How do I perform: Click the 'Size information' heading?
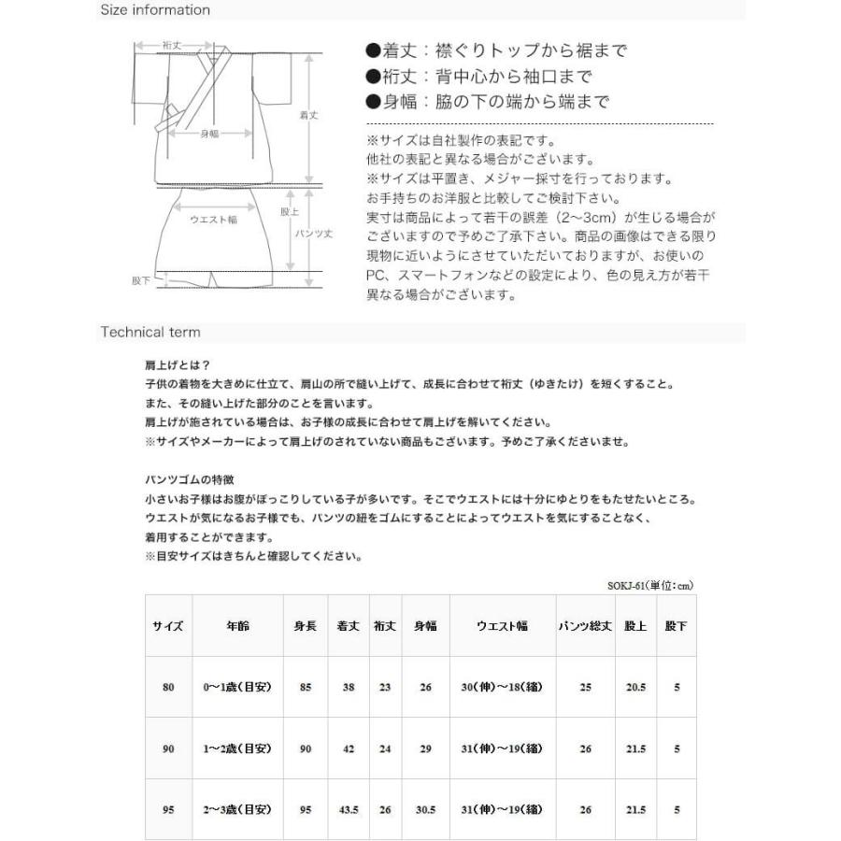155,10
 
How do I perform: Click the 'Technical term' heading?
150,332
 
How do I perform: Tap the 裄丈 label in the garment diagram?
171,45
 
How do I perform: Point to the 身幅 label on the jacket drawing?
209,134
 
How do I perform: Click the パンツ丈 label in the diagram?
314,233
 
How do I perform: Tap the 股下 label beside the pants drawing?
141,279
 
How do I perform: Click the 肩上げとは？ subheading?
172,367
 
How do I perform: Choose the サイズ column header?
168,626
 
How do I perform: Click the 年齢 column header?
237,626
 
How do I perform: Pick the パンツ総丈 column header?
585,626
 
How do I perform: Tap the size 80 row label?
168,688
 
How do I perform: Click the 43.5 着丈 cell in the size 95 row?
348,810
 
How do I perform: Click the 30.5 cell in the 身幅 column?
425,810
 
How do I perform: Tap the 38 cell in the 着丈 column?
348,688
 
